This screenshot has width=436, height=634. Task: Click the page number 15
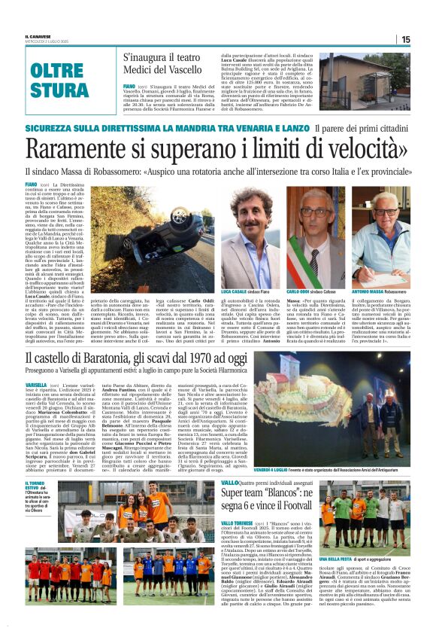pos(405,39)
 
